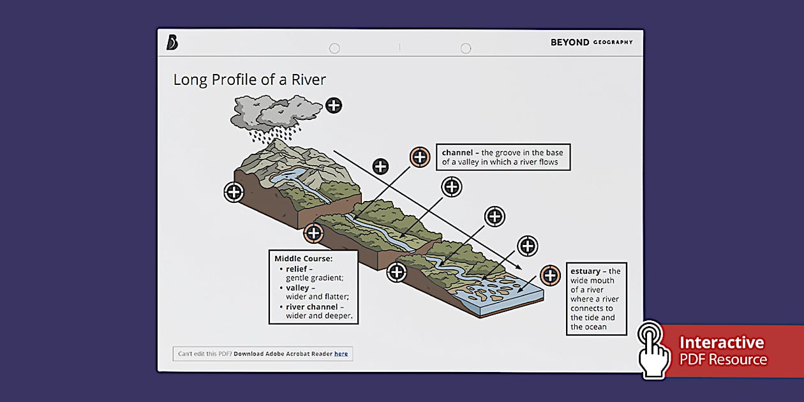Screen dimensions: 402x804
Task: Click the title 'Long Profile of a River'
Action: point(249,80)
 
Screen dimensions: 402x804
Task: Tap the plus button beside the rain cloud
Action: point(334,105)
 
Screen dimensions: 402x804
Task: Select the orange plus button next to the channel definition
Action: point(419,156)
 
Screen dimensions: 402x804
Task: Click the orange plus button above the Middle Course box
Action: point(313,233)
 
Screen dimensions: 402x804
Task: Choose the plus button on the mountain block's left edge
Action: point(234,191)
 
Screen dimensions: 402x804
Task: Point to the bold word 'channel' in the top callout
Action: point(458,153)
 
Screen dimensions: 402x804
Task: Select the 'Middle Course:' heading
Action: point(304,258)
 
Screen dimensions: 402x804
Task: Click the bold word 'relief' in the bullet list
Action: point(297,269)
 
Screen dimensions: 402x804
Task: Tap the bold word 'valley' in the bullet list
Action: point(298,288)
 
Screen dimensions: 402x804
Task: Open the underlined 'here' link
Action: point(341,354)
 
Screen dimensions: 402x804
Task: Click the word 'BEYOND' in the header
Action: point(570,43)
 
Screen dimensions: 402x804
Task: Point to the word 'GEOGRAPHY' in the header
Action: point(613,43)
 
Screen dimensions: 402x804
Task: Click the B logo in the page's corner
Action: point(172,43)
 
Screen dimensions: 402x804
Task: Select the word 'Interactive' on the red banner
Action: point(721,343)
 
